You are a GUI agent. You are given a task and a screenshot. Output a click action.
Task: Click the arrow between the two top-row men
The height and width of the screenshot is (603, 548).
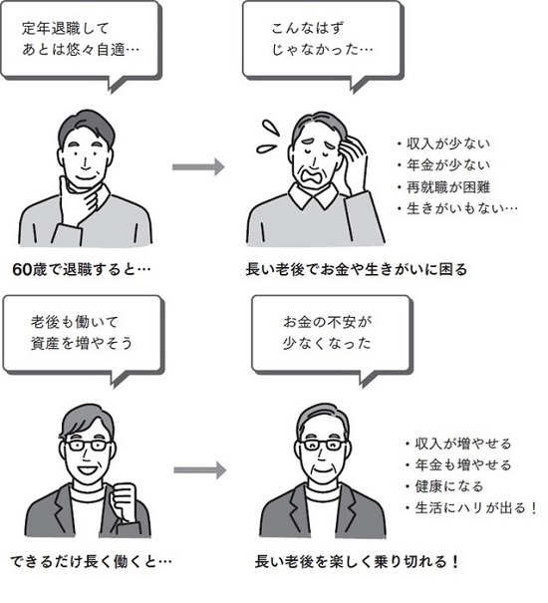[198, 166]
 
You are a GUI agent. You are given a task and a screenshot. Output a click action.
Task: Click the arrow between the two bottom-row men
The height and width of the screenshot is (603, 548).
[199, 469]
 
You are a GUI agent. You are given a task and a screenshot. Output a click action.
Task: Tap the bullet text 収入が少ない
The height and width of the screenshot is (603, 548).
[448, 144]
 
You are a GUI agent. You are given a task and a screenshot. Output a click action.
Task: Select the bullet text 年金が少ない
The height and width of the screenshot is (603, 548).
[448, 165]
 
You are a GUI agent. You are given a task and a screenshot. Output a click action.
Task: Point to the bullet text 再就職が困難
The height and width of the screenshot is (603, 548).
[448, 187]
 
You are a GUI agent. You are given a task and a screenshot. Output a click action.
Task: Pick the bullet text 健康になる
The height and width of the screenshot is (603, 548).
[448, 486]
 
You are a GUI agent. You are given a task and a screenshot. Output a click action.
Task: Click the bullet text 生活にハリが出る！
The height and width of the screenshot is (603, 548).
[476, 508]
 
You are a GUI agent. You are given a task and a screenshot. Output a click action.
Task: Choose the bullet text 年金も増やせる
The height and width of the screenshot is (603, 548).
[463, 464]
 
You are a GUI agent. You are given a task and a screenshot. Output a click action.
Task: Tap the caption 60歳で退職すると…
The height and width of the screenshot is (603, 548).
[82, 269]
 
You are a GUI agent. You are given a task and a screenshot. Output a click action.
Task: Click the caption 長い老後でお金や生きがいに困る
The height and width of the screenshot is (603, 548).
[356, 269]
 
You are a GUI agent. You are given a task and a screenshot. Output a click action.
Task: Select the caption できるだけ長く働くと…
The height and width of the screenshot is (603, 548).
[91, 562]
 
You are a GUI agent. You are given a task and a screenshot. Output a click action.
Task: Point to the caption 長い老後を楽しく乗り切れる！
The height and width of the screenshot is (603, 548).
[357, 562]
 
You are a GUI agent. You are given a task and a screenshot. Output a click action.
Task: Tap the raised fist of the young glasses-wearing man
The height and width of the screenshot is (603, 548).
[124, 503]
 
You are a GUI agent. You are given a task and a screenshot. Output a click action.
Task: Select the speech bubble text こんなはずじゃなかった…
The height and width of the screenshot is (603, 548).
[322, 39]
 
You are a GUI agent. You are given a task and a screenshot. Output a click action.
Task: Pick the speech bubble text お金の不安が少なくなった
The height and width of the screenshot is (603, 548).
[327, 332]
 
